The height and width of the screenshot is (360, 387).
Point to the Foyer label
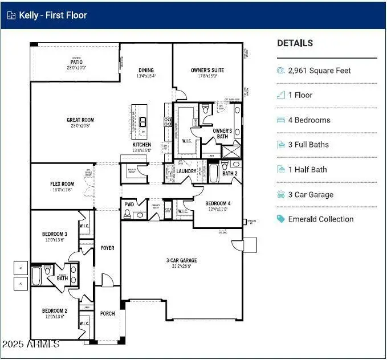point(107,248)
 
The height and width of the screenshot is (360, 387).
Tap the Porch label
point(107,313)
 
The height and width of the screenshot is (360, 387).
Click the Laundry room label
point(186,171)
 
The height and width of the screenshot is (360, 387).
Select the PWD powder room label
point(129,204)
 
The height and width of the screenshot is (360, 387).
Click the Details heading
point(295,43)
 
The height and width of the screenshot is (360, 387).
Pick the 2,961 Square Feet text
point(319,71)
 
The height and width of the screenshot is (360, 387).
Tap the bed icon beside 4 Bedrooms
point(280,120)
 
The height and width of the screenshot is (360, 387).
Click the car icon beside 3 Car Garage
point(280,194)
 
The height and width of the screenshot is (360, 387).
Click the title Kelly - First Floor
point(53,15)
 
